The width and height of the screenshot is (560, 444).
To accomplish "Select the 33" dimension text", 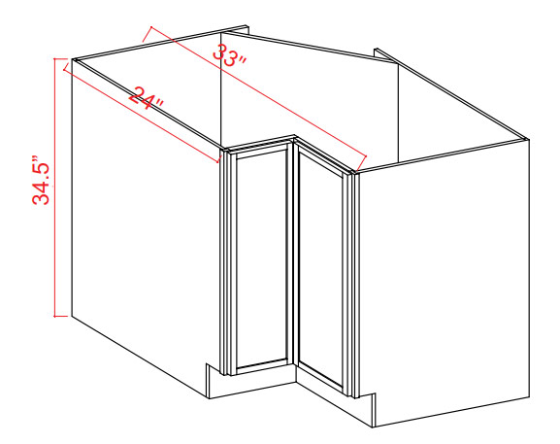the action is click(229, 55).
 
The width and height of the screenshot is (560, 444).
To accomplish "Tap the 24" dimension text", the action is click(146, 98).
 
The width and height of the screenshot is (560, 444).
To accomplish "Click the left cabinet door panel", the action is click(261, 257).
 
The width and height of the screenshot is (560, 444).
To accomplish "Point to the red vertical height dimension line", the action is click(54, 188).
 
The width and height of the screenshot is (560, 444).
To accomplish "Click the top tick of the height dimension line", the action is click(61, 58).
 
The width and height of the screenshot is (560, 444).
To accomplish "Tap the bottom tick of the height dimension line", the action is click(61, 316).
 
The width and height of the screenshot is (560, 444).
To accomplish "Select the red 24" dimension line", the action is click(141, 116).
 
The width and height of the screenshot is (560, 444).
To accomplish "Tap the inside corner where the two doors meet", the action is click(294, 141).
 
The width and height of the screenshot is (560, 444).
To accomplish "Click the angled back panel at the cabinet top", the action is click(310, 48).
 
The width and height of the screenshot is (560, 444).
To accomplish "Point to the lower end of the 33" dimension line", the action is click(367, 156).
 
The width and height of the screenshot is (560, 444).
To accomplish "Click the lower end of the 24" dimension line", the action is click(217, 162).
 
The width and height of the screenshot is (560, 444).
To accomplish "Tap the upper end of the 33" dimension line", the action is click(151, 27).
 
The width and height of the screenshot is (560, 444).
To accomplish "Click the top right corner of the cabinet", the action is click(528, 139).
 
